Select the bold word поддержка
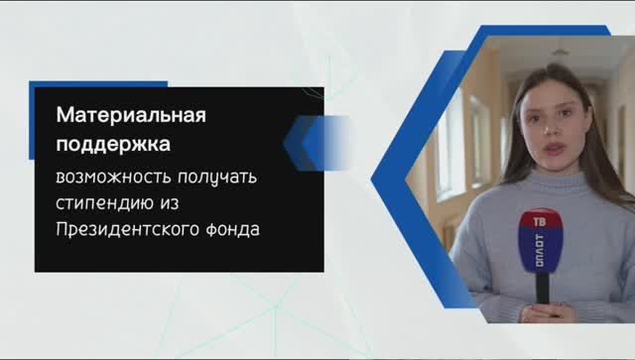coord(112,144)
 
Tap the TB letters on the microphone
coord(540,222)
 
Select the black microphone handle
coord(543,290)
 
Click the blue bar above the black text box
coord(98,84)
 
